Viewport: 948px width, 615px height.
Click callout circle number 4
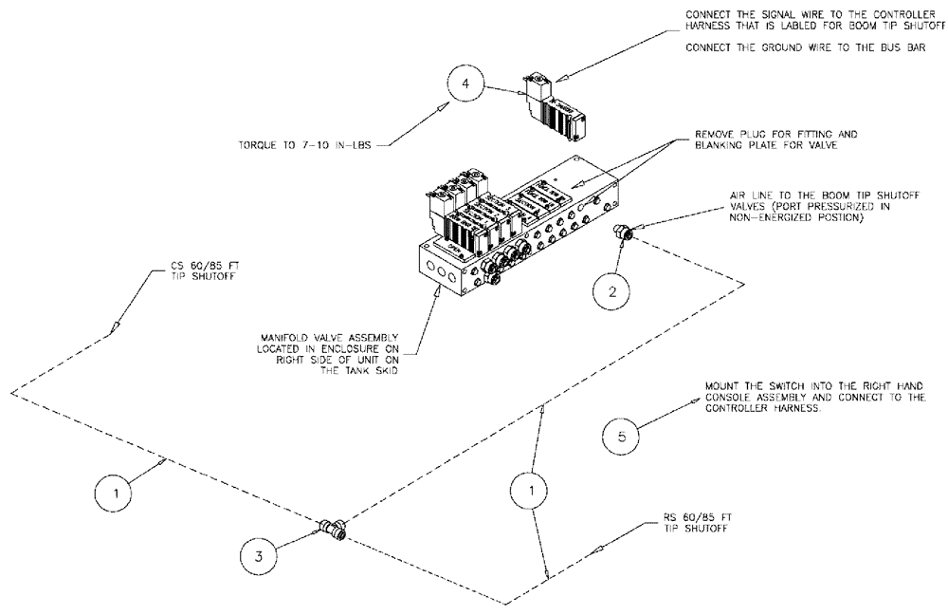coord(464,85)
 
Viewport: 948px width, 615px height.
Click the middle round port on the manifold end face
coord(445,268)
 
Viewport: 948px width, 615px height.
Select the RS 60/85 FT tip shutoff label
coord(696,523)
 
